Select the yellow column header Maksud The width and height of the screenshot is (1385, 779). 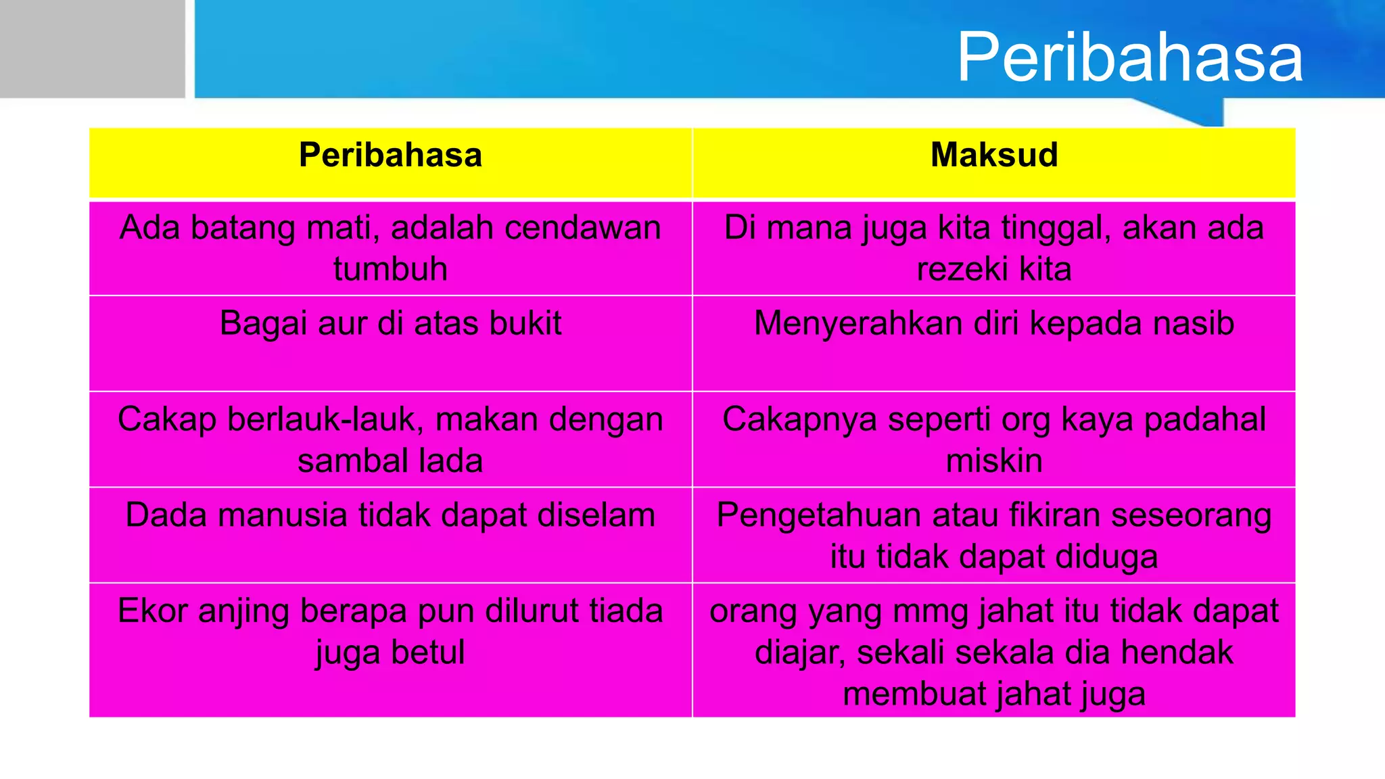click(x=993, y=155)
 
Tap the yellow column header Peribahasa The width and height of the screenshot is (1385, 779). click(x=390, y=155)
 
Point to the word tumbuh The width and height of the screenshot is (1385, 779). click(x=390, y=269)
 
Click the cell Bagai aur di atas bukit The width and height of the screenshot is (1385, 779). click(x=390, y=323)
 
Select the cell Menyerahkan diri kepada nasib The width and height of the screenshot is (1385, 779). click(x=993, y=323)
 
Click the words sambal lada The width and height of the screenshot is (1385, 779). click(x=390, y=461)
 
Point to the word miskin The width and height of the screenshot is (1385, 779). click(x=993, y=461)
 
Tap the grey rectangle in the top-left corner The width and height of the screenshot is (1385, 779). click(x=92, y=49)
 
